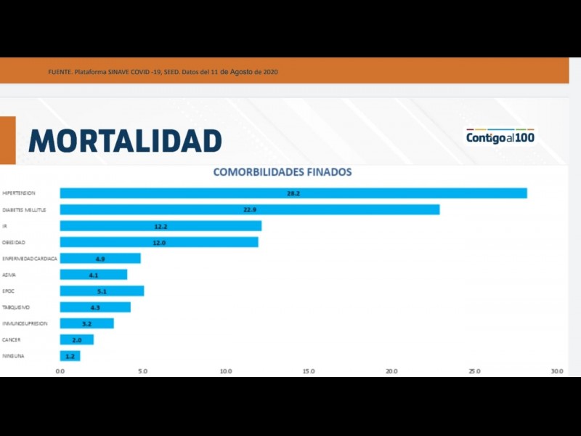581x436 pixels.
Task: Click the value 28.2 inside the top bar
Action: click(x=293, y=193)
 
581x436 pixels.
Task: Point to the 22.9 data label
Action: click(x=250, y=209)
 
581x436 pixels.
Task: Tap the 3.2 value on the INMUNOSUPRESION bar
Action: click(x=86, y=323)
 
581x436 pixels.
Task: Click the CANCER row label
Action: click(x=11, y=340)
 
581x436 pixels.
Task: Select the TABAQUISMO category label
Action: click(x=16, y=307)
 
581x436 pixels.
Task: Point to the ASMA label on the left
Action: click(x=9, y=275)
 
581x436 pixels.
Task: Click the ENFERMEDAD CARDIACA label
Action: click(x=30, y=258)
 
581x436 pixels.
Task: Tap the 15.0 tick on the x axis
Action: click(x=309, y=371)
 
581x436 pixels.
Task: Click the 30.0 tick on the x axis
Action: click(x=557, y=371)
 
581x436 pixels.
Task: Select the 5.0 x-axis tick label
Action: click(x=142, y=371)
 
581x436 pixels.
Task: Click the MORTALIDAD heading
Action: click(x=125, y=140)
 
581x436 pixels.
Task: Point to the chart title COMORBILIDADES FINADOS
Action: click(x=282, y=172)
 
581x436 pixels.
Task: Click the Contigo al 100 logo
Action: click(x=500, y=137)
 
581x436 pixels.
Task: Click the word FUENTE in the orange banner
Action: click(x=60, y=72)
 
